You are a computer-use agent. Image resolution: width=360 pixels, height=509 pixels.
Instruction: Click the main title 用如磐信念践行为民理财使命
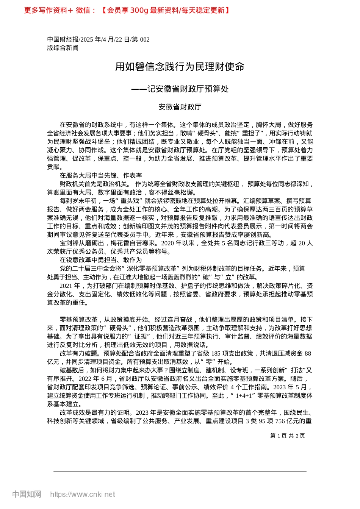[180, 67]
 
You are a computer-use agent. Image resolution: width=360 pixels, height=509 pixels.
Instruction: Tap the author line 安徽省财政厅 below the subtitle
[180, 107]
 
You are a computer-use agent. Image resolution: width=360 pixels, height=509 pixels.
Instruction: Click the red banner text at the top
[127, 10]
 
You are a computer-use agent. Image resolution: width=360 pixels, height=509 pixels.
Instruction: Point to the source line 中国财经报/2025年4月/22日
[98, 39]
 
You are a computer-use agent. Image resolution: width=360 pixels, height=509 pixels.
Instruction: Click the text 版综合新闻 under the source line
[63, 48]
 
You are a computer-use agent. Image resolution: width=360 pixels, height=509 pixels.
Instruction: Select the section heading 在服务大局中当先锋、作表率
[101, 175]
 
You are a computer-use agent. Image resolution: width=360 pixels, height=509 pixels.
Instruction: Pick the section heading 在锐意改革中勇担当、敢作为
[101, 260]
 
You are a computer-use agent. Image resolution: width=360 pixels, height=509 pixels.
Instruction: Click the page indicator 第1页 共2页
[288, 436]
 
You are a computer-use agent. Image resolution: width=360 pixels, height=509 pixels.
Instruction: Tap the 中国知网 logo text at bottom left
[27, 494]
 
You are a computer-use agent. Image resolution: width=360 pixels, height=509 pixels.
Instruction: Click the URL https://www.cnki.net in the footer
[82, 494]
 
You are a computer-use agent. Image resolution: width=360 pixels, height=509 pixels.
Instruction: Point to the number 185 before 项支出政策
[216, 353]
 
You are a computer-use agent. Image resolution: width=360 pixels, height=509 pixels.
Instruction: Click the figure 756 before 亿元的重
[280, 421]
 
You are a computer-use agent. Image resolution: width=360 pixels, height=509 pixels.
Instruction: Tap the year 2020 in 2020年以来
[168, 243]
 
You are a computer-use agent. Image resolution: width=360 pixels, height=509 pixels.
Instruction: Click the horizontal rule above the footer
[180, 472]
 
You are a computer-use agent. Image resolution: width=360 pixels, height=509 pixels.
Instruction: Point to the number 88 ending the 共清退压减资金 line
[308, 353]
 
